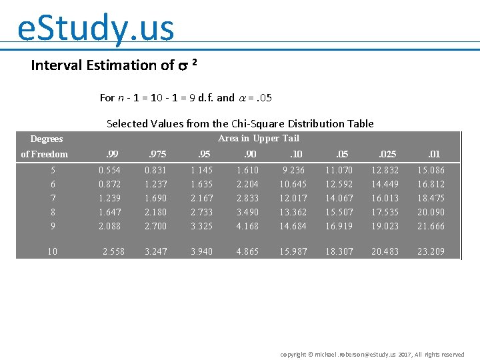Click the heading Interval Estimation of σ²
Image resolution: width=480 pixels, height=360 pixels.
pos(114,65)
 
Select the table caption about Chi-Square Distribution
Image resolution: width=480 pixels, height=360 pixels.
pos(240,123)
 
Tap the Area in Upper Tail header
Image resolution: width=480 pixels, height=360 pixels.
pos(259,139)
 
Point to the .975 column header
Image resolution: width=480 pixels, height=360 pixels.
pos(157,154)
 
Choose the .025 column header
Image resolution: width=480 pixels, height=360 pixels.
pos(387,154)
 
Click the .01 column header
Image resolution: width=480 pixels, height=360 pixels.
pos(434,154)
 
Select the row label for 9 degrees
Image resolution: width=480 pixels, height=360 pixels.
pos(53,226)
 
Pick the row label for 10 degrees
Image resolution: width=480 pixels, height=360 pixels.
pos(53,251)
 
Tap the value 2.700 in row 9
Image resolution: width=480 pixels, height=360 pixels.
pos(156,226)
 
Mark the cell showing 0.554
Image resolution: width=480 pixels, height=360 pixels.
pos(109,170)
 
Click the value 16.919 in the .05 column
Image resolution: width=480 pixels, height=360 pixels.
pos(338,226)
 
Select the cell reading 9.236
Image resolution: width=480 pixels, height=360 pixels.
pos(293,170)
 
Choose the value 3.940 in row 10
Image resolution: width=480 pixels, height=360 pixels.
pos(202,251)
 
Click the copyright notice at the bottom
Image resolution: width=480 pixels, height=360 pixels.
pos(372,355)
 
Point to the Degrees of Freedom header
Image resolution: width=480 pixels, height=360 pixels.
pos(45,147)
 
